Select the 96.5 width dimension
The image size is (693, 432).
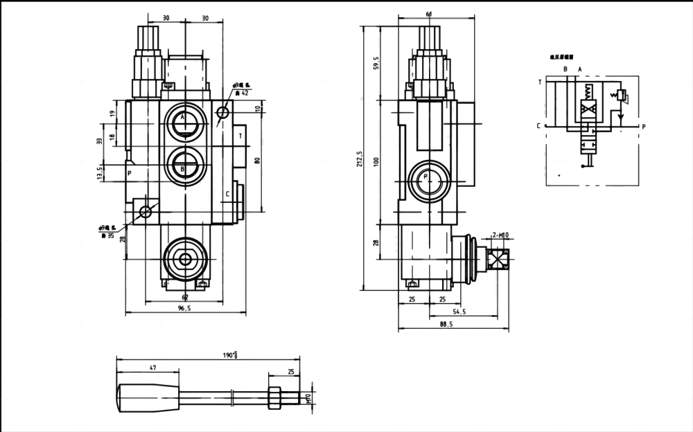(184, 309)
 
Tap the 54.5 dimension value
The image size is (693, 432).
(459, 312)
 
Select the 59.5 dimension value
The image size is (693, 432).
(376, 64)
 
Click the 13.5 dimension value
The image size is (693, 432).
(100, 173)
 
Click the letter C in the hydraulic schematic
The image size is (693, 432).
(538, 126)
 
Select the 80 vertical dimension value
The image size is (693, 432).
(257, 161)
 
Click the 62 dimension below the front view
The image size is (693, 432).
(185, 297)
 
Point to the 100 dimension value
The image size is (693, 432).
(376, 161)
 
